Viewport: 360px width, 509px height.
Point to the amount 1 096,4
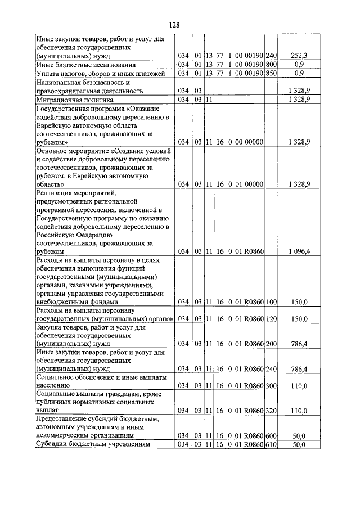[298, 251]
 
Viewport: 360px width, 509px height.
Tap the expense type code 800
[271, 65]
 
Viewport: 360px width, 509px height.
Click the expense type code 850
[271, 73]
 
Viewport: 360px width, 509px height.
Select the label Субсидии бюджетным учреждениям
[93, 444]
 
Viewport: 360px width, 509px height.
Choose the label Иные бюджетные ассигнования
[84, 65]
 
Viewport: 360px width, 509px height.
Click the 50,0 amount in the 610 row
[298, 444]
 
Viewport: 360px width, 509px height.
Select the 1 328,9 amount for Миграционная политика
[298, 99]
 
